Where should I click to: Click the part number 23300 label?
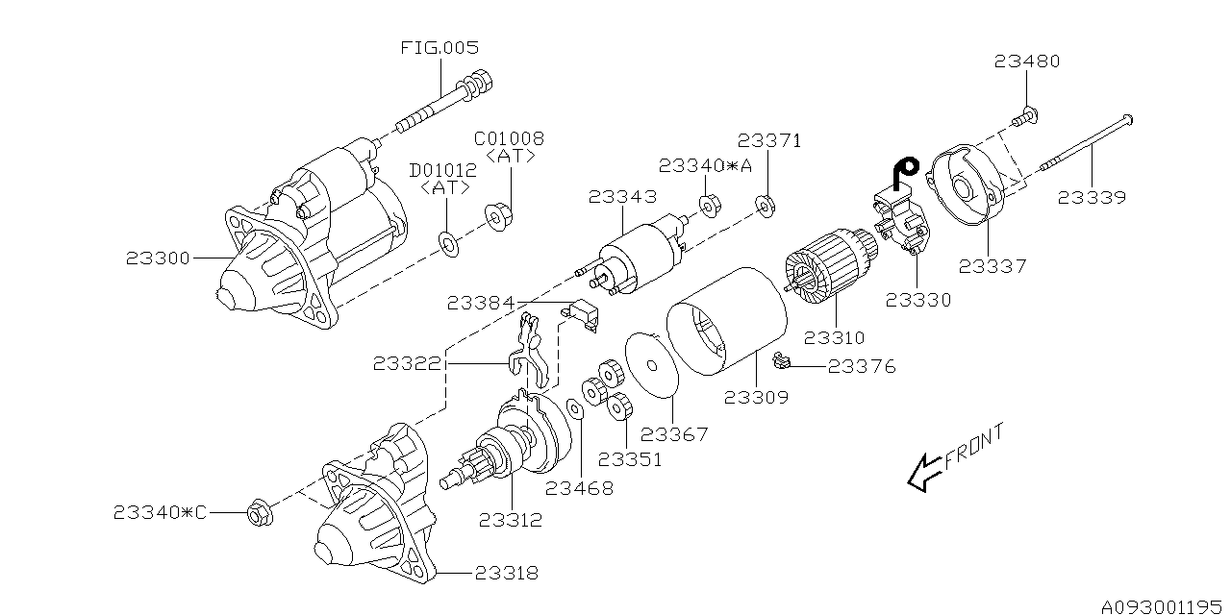pos(158,258)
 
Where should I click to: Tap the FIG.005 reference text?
pos(439,47)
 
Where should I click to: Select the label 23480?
pos(1027,61)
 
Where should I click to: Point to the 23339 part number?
pos(1092,198)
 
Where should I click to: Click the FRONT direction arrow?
pos(925,471)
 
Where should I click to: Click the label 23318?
pos(506,574)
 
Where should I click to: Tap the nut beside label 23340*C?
pos(258,514)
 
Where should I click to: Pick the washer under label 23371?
pos(766,205)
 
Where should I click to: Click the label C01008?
pos(509,138)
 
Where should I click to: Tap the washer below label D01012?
pos(448,240)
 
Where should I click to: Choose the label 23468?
pos(579,488)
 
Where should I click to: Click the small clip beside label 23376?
pos(783,362)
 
